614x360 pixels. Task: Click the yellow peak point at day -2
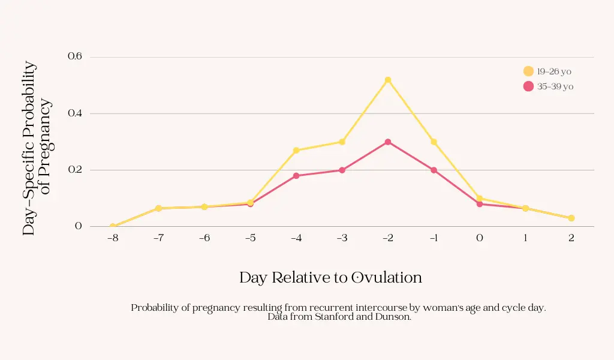pyautogui.click(x=388, y=80)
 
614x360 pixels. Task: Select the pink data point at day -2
pyautogui.click(x=388, y=142)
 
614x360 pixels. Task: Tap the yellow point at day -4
pyautogui.click(x=296, y=151)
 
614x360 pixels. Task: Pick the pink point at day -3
pyautogui.click(x=342, y=170)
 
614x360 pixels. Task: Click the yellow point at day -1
pyautogui.click(x=434, y=142)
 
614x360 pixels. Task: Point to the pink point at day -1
pyautogui.click(x=434, y=170)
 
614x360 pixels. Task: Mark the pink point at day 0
pyautogui.click(x=480, y=204)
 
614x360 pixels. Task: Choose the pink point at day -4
pyautogui.click(x=296, y=176)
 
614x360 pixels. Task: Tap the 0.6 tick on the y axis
pyautogui.click(x=74, y=56)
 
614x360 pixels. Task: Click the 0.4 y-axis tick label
pyautogui.click(x=74, y=113)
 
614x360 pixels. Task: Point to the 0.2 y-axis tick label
pyautogui.click(x=74, y=170)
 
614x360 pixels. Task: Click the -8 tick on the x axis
pyautogui.click(x=113, y=238)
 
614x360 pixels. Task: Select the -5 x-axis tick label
pyautogui.click(x=250, y=238)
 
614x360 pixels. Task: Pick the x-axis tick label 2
pyautogui.click(x=571, y=238)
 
